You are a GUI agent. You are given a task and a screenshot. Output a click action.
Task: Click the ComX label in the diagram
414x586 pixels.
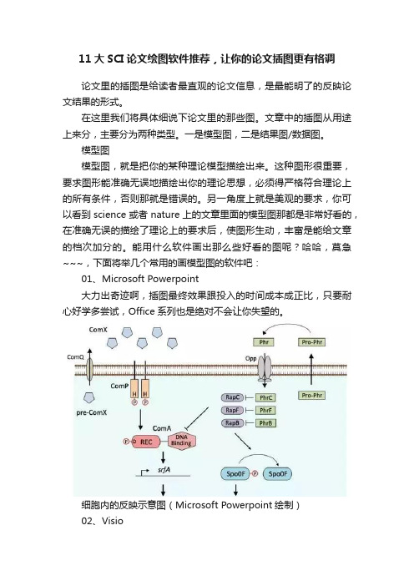point(98,330)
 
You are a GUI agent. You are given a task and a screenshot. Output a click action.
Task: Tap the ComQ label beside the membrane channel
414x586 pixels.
point(75,357)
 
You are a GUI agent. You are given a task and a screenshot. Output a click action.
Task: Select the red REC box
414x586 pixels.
point(145,442)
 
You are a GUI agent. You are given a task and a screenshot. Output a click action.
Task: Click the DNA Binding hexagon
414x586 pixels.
point(181,440)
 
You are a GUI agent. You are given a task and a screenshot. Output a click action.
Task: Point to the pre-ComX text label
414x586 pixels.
point(92,412)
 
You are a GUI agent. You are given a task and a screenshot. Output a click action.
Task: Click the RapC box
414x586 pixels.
point(232,397)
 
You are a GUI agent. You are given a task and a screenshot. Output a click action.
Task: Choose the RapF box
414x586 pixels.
point(232,410)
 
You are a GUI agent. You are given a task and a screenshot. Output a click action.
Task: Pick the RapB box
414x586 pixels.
point(232,422)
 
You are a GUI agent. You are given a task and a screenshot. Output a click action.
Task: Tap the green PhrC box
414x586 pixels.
point(265,397)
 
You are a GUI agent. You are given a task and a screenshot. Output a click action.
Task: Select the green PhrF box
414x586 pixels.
point(265,411)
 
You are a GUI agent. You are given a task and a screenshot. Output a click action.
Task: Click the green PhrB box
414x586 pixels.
point(265,423)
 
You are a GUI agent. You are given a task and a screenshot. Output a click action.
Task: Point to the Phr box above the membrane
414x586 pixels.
point(264,342)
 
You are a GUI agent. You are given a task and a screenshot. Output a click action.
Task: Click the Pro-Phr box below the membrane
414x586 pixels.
point(312,396)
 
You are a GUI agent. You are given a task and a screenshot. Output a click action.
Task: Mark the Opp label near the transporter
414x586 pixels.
point(250,358)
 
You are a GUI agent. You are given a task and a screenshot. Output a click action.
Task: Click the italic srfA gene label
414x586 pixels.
point(164,470)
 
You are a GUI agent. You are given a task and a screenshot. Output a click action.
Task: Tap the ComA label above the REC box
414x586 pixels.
point(162,428)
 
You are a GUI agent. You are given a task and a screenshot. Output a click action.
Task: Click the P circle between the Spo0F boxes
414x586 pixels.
point(255,473)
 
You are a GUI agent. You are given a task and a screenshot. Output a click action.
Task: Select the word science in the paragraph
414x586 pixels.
point(109,215)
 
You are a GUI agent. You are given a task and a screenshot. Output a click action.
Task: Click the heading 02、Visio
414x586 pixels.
point(103,521)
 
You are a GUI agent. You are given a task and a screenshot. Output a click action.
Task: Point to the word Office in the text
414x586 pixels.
point(142,311)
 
